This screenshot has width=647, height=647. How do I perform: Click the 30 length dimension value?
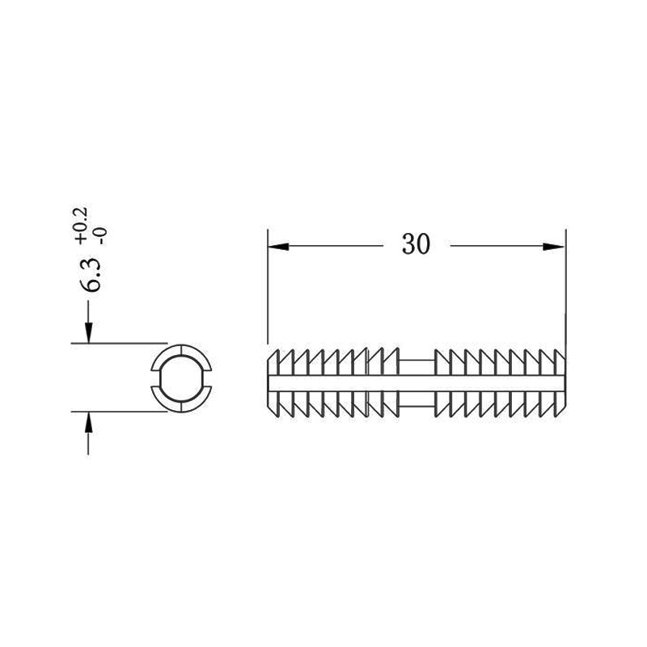click(x=416, y=244)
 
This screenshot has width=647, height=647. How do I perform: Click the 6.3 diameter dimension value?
click(x=90, y=275)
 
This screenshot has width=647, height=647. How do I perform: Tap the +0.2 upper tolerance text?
click(x=80, y=226)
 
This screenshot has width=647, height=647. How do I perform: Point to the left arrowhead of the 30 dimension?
click(x=278, y=247)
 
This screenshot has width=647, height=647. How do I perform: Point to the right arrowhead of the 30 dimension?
click(x=553, y=247)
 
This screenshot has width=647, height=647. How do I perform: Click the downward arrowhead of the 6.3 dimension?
click(x=88, y=332)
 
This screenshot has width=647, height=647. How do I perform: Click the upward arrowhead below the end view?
click(x=88, y=422)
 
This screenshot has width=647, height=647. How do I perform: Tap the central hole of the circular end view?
click(x=181, y=378)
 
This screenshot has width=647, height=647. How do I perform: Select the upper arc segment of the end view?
click(x=181, y=350)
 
